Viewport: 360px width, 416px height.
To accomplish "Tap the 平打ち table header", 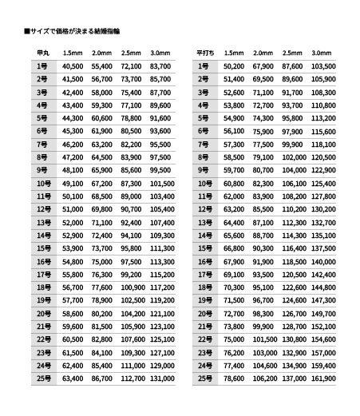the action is click(205, 53).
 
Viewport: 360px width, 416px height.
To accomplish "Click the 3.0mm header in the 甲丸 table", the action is click(160, 53).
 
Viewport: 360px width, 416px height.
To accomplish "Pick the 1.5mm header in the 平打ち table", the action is click(234, 53).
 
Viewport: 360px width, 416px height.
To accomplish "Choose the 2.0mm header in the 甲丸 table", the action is click(102, 53).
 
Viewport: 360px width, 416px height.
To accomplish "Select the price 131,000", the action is click(160, 378).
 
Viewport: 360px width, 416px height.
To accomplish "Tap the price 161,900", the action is click(322, 378).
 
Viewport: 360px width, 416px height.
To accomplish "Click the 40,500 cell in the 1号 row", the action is click(73, 66).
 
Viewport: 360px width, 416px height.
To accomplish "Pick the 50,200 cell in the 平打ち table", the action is click(234, 66).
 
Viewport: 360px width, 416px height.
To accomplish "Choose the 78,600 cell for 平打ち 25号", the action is click(234, 378).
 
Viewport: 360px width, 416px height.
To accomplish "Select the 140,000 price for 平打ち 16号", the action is click(322, 261).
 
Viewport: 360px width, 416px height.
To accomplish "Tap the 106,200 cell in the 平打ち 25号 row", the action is click(263, 378).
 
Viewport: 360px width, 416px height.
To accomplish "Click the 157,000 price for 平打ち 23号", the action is click(322, 352).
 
